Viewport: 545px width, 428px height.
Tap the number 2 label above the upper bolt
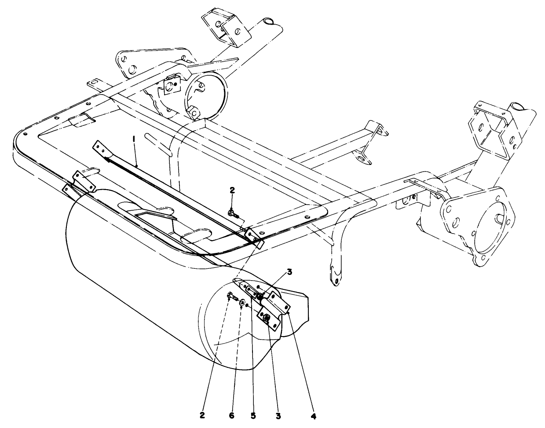pos(232,190)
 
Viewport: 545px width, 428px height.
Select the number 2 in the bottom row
pos(202,415)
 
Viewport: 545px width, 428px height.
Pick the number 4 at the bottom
pos(314,415)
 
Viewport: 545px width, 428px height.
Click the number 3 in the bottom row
pos(278,415)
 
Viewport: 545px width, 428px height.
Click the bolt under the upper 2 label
pos(233,214)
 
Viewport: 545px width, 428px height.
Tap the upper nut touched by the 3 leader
pos(260,298)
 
